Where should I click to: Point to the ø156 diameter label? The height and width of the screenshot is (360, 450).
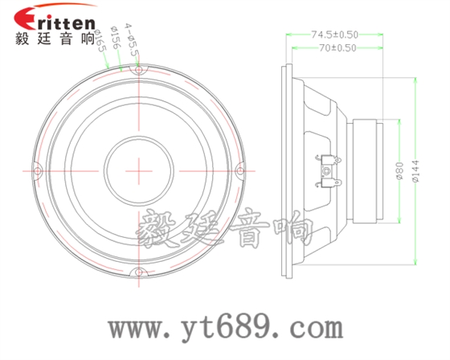pyautogui.click(x=116, y=38)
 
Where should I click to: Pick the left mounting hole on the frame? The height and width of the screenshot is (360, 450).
pyautogui.click(x=38, y=171)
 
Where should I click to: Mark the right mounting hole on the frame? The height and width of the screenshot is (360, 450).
pyautogui.click(x=240, y=171)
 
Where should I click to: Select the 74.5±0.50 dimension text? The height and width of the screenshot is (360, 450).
pyautogui.click(x=334, y=35)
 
